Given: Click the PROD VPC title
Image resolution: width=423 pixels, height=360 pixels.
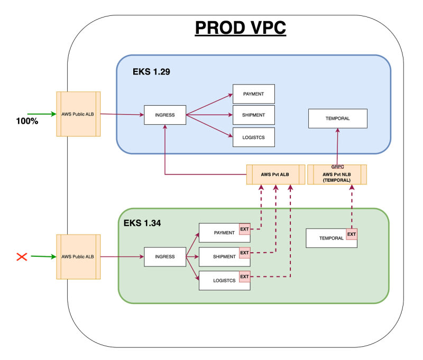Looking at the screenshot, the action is click(x=241, y=28).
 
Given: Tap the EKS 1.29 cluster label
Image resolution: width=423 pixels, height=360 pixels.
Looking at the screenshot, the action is click(x=151, y=72).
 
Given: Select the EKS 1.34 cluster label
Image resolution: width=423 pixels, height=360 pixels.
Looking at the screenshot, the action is click(x=142, y=223).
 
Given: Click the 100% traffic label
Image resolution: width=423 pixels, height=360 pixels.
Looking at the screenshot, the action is click(x=27, y=121).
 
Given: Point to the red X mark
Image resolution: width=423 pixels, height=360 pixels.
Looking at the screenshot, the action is click(x=22, y=257).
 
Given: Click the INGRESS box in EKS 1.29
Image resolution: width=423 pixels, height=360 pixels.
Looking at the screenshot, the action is click(x=165, y=115).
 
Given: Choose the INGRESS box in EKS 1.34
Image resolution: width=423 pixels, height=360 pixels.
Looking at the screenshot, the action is click(x=165, y=257).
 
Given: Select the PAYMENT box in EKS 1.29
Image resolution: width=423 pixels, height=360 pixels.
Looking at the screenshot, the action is click(x=254, y=94).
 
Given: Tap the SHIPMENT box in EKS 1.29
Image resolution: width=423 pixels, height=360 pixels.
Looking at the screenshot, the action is click(x=254, y=115).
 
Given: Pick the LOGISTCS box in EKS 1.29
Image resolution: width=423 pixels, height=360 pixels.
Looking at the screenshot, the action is click(x=254, y=137).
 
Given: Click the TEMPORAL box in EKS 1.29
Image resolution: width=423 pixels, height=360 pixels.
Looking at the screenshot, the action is click(x=338, y=118).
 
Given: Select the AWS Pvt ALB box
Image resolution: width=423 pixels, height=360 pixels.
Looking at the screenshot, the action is click(x=275, y=174).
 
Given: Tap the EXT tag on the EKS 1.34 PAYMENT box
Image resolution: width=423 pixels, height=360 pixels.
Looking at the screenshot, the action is click(x=244, y=229).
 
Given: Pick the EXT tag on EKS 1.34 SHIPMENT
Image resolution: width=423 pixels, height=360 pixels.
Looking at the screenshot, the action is click(x=244, y=253).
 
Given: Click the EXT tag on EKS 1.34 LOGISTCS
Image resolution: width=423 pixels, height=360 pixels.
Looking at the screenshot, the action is click(x=244, y=276).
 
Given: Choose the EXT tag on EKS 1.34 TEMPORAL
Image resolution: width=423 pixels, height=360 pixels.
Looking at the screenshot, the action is click(x=352, y=234).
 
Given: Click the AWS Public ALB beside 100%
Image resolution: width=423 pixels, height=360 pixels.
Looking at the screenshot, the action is click(x=78, y=114).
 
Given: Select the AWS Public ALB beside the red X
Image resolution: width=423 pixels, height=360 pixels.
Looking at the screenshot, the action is click(x=78, y=257).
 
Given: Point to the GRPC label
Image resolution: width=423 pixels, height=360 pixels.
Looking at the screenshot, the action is click(x=337, y=167).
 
